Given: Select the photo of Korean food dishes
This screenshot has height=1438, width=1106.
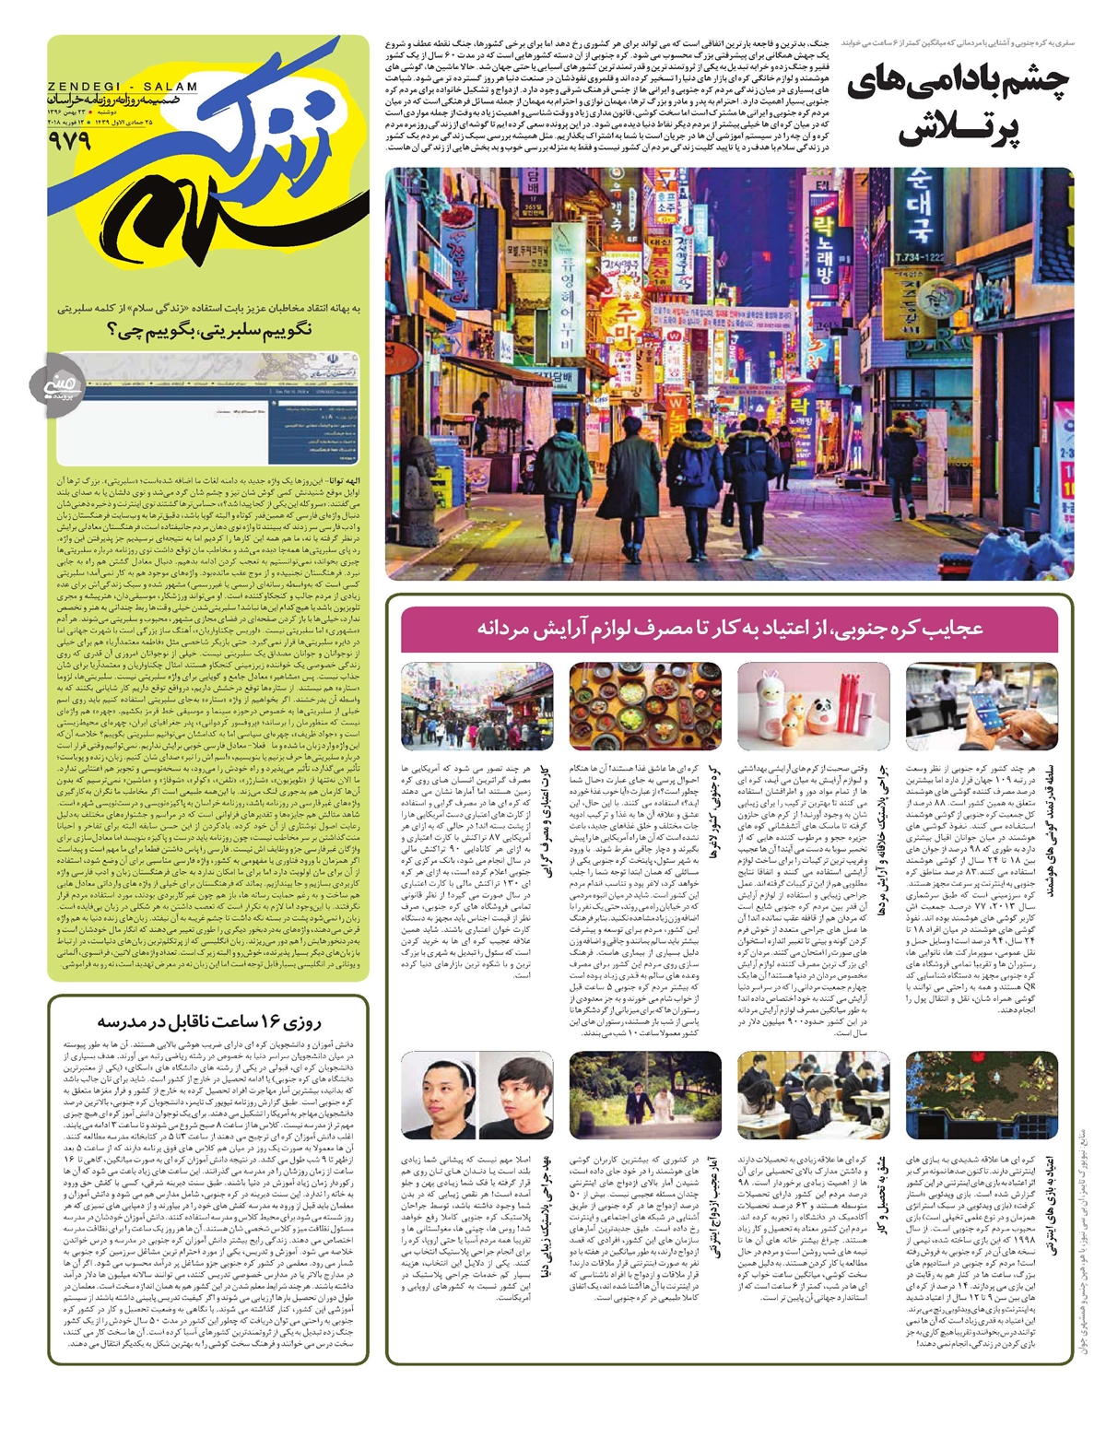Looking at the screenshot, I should tap(645, 705).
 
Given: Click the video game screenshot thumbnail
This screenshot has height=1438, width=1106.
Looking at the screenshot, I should tap(981, 1094).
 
